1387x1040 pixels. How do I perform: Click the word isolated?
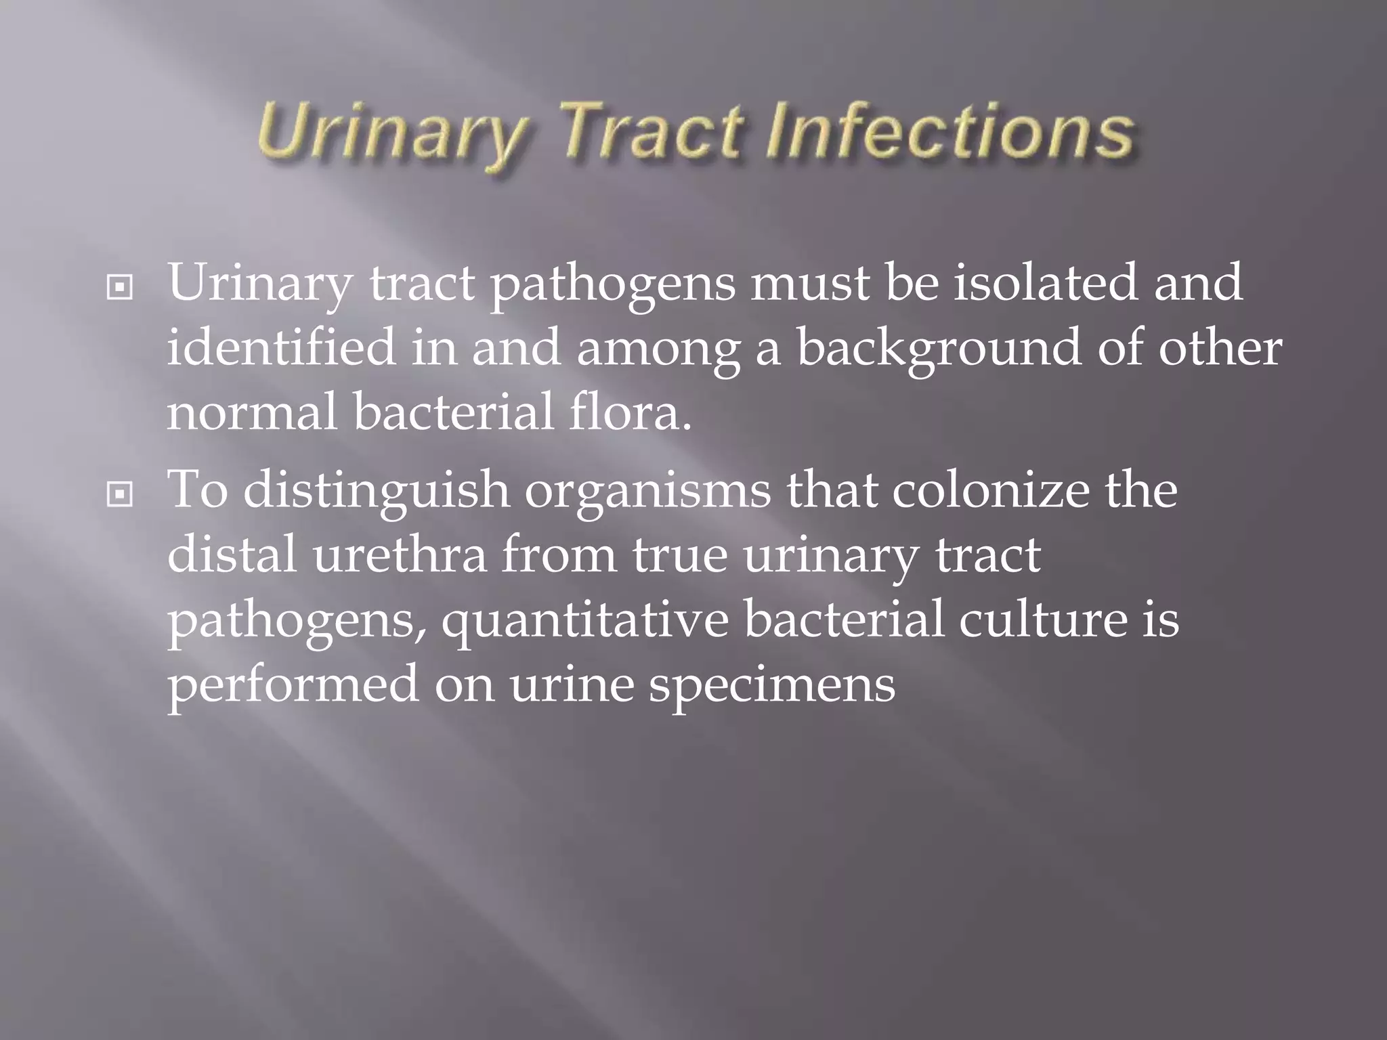pos(1046,282)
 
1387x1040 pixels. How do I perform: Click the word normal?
pos(252,412)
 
